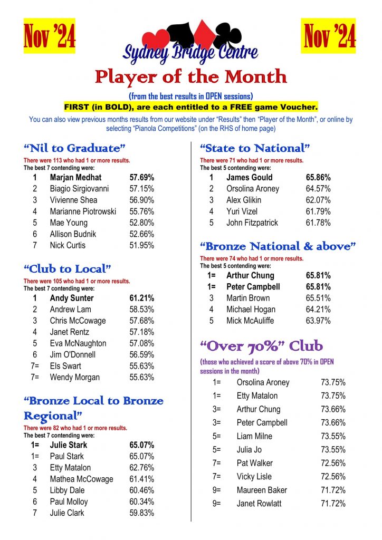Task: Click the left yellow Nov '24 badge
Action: pos(50,36)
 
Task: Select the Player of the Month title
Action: pos(191,77)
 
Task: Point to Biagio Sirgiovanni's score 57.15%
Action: pos(142,189)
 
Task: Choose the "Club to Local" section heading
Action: pos(68,269)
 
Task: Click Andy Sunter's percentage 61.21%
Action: pos(142,298)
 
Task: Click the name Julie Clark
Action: pos(67,513)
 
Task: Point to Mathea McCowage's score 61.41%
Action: pos(142,479)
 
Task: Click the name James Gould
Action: pos(250,177)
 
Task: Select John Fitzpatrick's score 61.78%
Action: pos(318,223)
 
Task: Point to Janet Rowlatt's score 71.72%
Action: pos(333,504)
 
